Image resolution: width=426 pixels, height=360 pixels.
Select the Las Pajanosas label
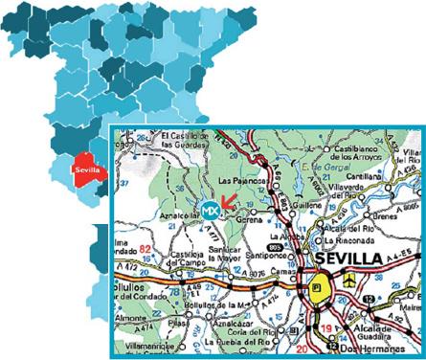tap(239, 181)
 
